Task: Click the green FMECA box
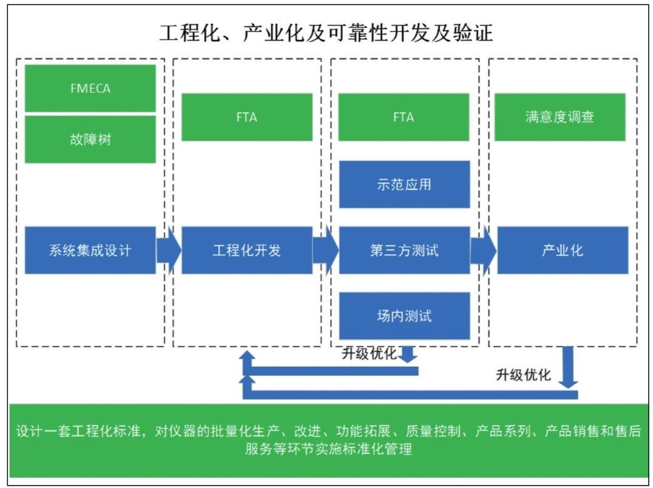[x=90, y=88]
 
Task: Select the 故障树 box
[x=90, y=139]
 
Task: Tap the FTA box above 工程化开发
[x=247, y=117]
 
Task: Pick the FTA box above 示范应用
[x=404, y=117]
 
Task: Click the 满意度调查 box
[x=560, y=117]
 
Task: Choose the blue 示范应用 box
[x=404, y=185]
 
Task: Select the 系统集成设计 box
[x=90, y=250]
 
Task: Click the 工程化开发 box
[x=247, y=250]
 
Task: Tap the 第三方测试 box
[x=404, y=250]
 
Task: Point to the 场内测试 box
[x=404, y=316]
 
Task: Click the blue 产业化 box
[x=563, y=250]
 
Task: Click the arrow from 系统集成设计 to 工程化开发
[x=169, y=250]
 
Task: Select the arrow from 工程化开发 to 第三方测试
[x=326, y=250]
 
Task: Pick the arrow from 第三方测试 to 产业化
[x=484, y=250]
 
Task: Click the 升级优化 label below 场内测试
[x=369, y=353]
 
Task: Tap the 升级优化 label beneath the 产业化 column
[x=523, y=374]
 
